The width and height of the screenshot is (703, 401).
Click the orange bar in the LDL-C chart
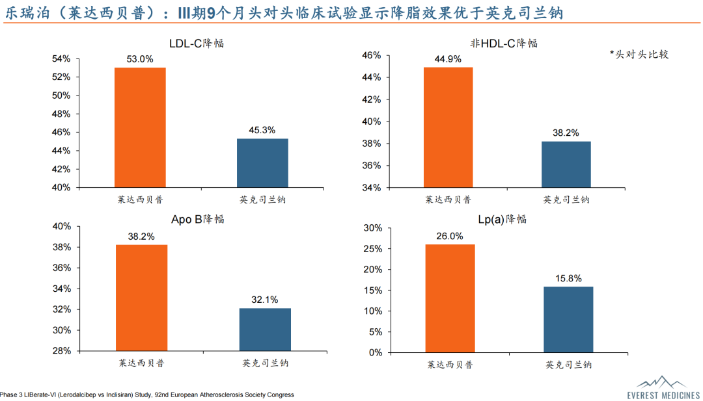click(140, 127)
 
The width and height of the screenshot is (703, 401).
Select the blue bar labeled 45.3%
click(262, 163)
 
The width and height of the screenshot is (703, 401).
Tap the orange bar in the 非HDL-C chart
click(448, 127)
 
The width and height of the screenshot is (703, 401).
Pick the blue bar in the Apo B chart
click(265, 330)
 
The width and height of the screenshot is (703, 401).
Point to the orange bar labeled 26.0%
click(450, 298)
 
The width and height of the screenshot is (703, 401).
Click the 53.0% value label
click(140, 59)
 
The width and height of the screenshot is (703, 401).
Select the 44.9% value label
click(448, 59)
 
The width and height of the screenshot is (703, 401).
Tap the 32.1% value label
click(265, 300)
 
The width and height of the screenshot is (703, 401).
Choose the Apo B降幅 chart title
click(197, 219)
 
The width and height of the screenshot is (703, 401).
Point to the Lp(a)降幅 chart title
click(502, 219)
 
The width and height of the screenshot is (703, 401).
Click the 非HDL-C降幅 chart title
click(504, 44)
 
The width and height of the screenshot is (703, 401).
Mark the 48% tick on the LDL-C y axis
click(61, 114)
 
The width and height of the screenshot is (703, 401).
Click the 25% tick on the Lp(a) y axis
click(373, 249)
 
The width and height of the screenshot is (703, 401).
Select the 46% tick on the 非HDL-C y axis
click(372, 55)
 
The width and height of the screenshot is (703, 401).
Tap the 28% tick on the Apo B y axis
click(61, 351)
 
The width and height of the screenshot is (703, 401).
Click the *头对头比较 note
click(639, 55)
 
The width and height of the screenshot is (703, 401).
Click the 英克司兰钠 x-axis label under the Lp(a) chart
click(568, 365)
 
